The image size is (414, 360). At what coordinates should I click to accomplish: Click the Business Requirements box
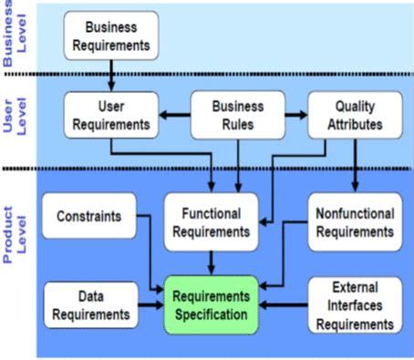click(110, 34)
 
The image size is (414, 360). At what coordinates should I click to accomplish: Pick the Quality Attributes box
click(353, 116)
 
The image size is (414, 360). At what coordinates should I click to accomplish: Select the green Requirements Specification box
click(212, 306)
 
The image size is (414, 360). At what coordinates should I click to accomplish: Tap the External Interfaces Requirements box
click(355, 305)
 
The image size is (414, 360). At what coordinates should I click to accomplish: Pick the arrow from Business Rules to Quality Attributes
click(294, 116)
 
